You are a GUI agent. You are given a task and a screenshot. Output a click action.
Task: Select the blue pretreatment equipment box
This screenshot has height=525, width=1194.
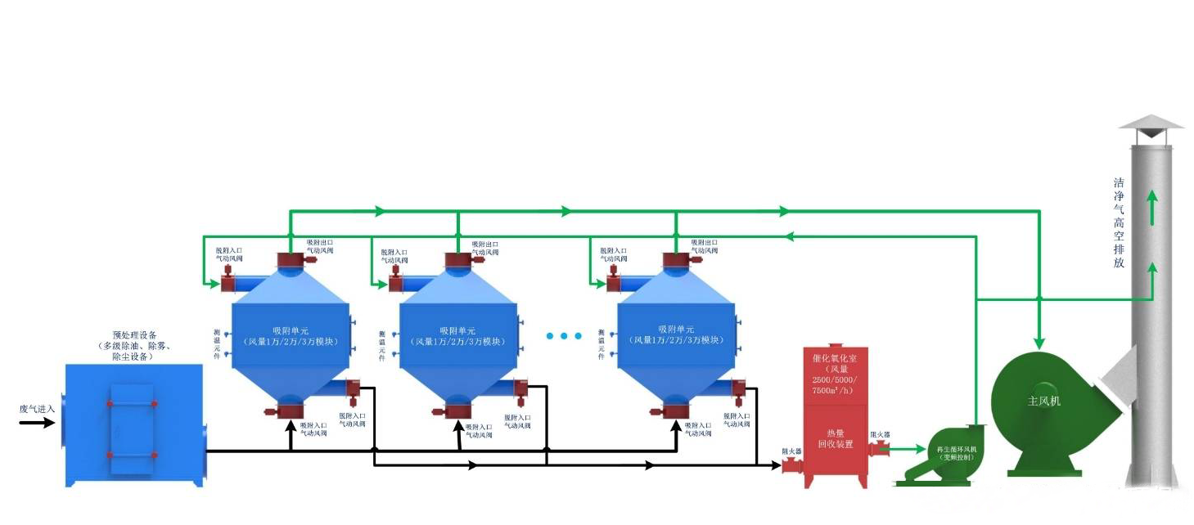133,424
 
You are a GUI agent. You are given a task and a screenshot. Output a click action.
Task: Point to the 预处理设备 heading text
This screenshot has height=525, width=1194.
134,335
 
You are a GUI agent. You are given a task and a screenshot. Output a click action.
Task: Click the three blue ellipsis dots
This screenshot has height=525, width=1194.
564,336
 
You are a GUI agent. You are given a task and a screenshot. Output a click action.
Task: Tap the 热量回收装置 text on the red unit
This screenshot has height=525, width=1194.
836,438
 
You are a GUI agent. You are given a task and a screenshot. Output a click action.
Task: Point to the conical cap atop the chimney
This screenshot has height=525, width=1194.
1151,123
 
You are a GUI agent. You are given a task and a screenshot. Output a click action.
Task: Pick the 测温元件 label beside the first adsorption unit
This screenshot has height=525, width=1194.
218,343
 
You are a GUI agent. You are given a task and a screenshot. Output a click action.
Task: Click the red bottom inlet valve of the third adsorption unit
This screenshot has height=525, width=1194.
676,406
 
